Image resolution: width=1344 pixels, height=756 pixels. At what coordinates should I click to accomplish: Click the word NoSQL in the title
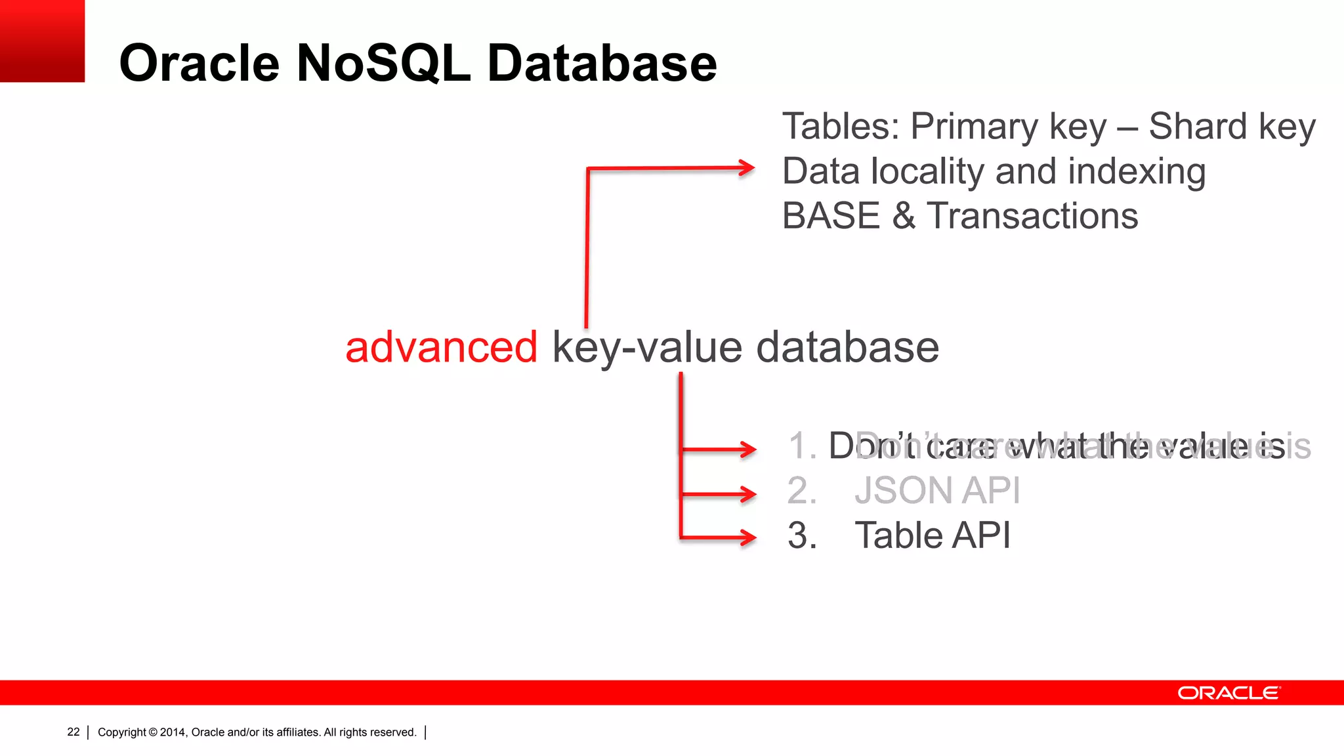[383, 63]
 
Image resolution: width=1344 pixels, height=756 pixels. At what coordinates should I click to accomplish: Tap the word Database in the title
[602, 63]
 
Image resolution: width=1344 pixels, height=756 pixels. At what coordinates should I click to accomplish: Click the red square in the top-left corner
[42, 41]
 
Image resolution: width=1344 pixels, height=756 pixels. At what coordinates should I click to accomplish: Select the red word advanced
[441, 347]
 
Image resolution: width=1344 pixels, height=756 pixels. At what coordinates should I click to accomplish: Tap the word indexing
[1137, 172]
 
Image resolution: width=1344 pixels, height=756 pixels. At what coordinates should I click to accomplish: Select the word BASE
[831, 216]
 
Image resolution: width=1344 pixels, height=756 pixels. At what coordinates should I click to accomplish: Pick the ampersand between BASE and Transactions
[904, 216]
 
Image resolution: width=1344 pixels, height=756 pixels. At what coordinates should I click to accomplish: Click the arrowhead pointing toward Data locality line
[747, 167]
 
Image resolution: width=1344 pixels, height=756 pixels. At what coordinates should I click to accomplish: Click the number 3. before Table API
[802, 535]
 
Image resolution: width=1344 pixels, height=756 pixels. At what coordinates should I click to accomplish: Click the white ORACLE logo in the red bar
[1228, 693]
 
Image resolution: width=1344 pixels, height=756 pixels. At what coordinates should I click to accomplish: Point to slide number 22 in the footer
[73, 732]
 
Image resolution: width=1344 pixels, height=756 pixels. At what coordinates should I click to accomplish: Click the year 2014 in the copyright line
[173, 732]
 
